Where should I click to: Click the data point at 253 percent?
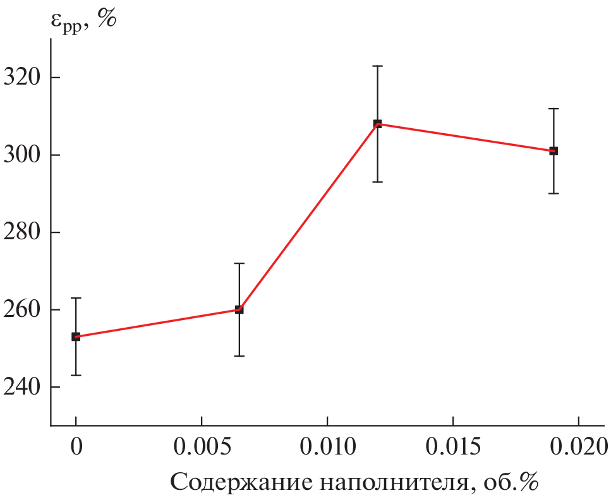tap(76, 336)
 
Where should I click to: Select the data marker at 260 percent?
tap(239, 309)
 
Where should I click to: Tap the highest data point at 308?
tap(377, 124)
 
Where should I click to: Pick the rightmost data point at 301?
tap(554, 151)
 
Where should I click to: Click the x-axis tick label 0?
tap(76, 448)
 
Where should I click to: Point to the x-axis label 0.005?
tap(202, 448)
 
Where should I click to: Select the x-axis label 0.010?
tap(327, 448)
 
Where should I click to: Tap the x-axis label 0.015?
tap(453, 448)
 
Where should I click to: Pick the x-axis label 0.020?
tap(578, 448)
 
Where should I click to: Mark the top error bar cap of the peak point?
tap(377, 66)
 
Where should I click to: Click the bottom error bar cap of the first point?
tap(76, 375)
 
